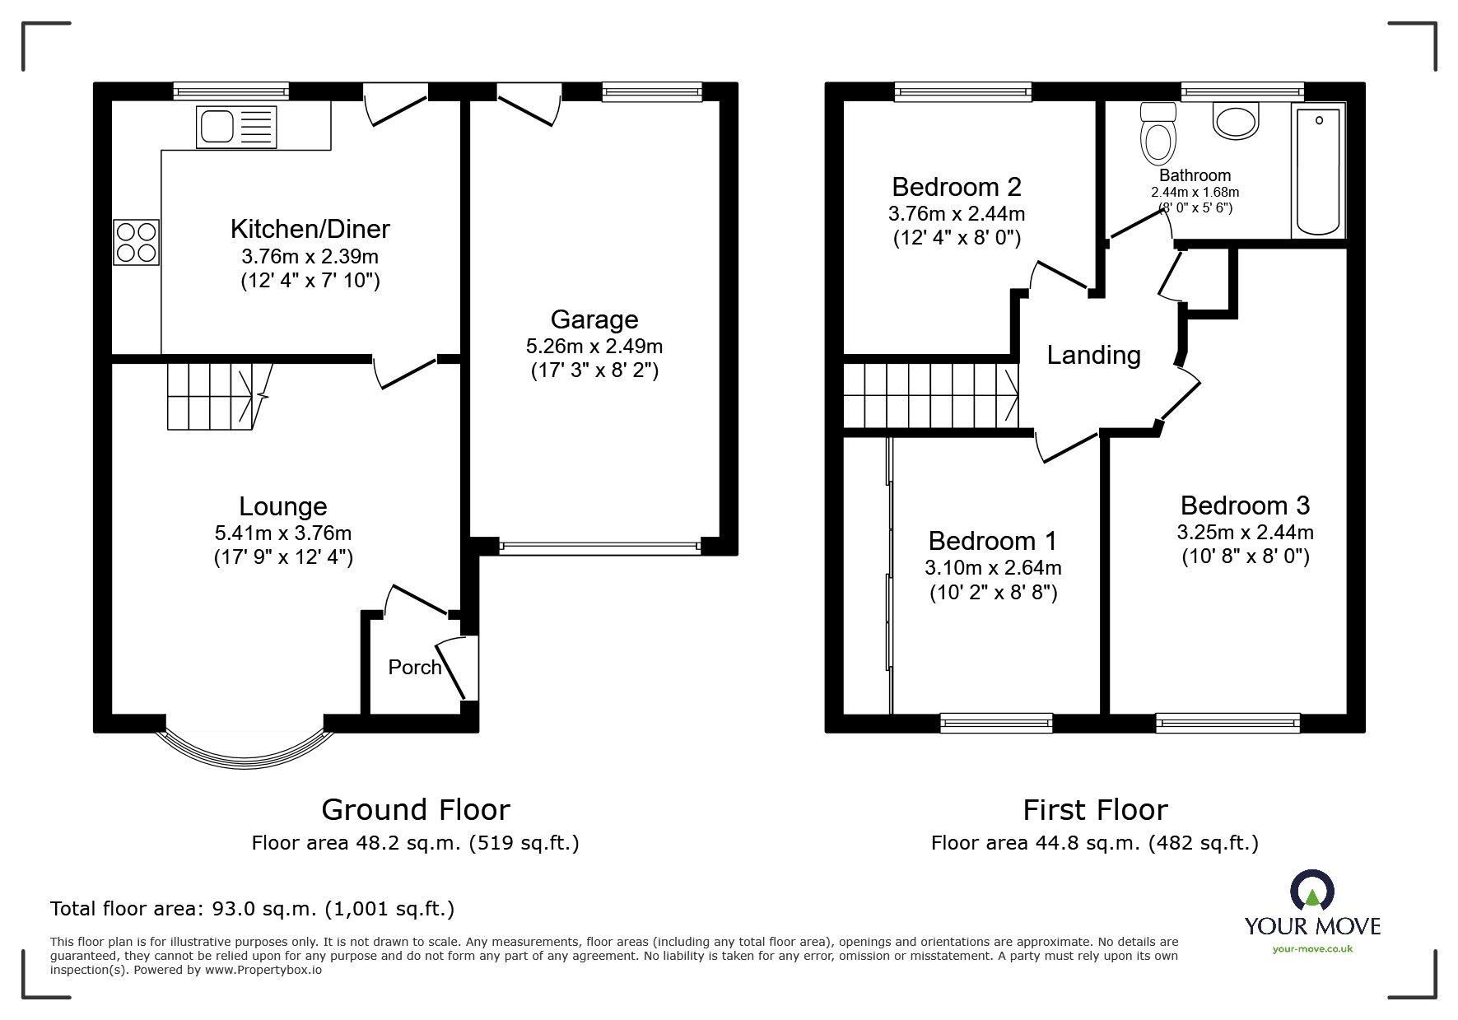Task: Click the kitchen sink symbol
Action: click(236, 128)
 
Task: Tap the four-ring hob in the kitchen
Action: click(136, 242)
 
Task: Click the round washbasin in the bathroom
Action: click(1236, 120)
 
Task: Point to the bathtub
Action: click(1318, 171)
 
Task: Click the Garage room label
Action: click(594, 319)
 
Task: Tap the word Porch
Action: click(415, 667)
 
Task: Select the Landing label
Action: click(1093, 355)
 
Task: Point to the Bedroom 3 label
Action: click(1244, 505)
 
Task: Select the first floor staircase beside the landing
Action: click(930, 396)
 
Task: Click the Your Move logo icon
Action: click(1312, 892)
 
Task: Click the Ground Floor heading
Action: click(415, 810)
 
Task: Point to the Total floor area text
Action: click(252, 909)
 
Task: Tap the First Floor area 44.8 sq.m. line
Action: click(1094, 843)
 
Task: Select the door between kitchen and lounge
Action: click(405, 369)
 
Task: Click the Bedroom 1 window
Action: click(996, 723)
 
